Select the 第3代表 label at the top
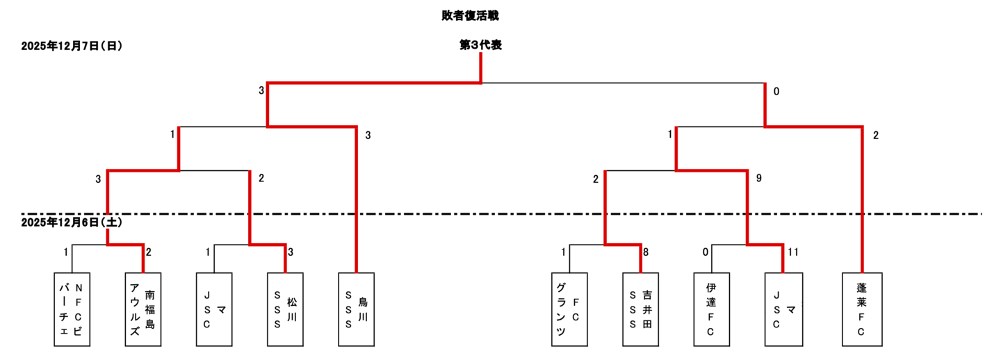[x=480, y=45]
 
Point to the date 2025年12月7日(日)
[x=72, y=47]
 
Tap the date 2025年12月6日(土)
[x=72, y=222]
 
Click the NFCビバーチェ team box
[x=72, y=309]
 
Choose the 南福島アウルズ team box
[x=143, y=309]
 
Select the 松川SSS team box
[x=285, y=309]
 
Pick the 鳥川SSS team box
[x=356, y=309]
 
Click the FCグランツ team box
[x=569, y=309]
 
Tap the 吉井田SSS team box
[x=640, y=309]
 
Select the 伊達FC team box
[x=711, y=309]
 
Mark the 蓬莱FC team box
[x=861, y=309]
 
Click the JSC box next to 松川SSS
[x=214, y=309]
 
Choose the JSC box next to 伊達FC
[x=783, y=309]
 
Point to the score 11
[x=794, y=252]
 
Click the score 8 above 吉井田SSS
[x=646, y=252]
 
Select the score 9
[x=759, y=179]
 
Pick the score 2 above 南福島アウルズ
[x=149, y=252]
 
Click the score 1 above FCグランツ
[x=564, y=252]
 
